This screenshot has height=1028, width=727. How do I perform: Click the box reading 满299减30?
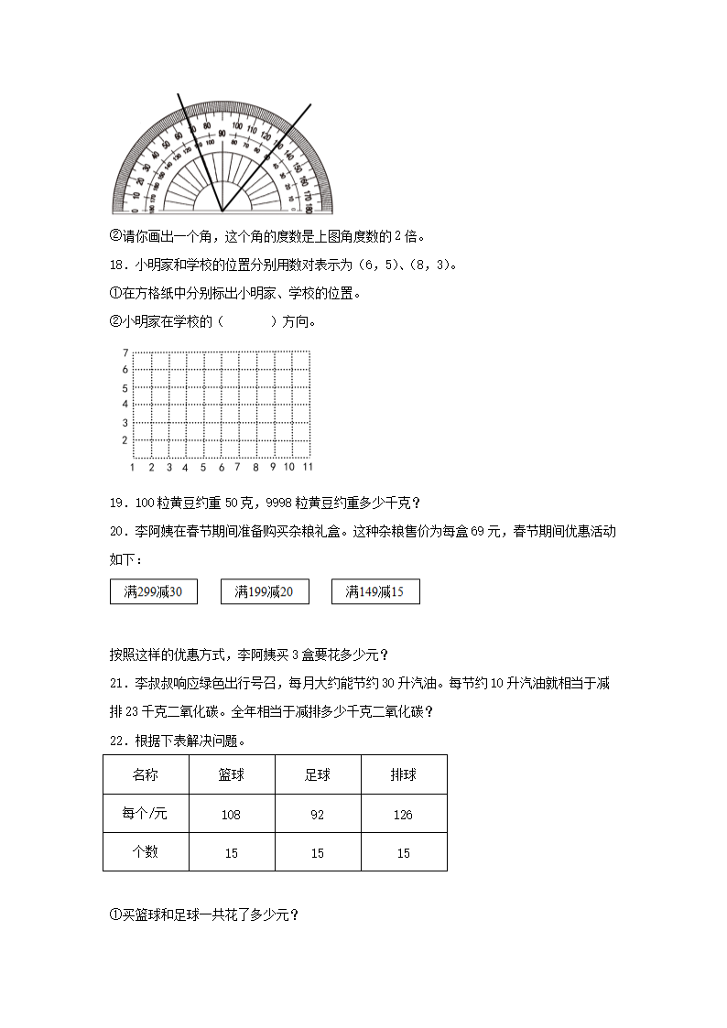pos(153,592)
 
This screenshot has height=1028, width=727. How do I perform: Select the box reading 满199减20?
pos(265,592)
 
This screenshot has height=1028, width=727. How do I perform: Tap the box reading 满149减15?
pos(375,592)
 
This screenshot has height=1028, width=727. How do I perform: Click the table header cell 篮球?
pos(232,774)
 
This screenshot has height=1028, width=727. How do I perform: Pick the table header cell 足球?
pos(318,774)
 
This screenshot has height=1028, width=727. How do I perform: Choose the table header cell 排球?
pos(404,774)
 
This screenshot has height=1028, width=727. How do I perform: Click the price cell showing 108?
pos(232,815)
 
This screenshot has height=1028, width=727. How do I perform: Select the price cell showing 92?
pos(318,815)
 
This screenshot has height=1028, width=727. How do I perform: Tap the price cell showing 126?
pos(404,815)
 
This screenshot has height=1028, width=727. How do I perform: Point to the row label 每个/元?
pos(146,814)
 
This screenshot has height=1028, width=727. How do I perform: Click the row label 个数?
pos(146,852)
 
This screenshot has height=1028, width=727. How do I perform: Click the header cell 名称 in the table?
pos(146,774)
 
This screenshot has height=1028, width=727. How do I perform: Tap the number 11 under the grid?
pos(308,467)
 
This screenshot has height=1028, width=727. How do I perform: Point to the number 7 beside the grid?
pos(125,352)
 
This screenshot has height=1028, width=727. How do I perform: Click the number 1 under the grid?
pos(134,467)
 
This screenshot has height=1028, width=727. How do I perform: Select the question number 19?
pos(116,503)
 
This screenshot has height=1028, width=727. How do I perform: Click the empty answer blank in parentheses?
pos(248,321)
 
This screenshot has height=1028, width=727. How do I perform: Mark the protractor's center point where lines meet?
pos(222,211)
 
